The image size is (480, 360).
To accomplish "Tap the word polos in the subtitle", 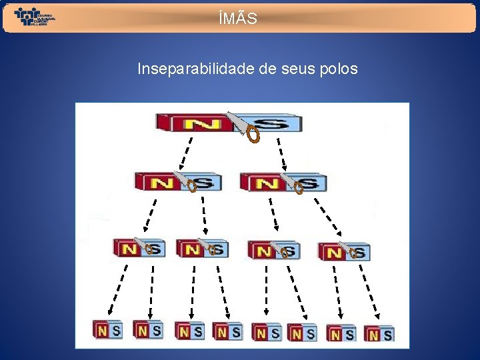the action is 339,69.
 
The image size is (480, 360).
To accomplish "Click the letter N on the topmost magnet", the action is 197,124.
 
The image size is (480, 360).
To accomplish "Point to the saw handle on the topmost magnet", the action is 253,135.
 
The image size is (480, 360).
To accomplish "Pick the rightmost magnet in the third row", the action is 343,252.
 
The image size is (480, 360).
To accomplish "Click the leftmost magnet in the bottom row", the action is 107,329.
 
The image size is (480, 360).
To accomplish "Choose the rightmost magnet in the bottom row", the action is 379,333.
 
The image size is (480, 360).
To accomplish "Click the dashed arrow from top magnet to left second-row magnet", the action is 187,154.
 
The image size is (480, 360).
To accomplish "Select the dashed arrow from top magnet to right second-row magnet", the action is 282,154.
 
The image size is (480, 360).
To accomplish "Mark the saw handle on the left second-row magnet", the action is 192,187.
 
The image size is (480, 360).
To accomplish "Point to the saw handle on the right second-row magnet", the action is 299,189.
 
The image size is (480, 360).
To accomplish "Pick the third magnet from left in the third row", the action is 273,251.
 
